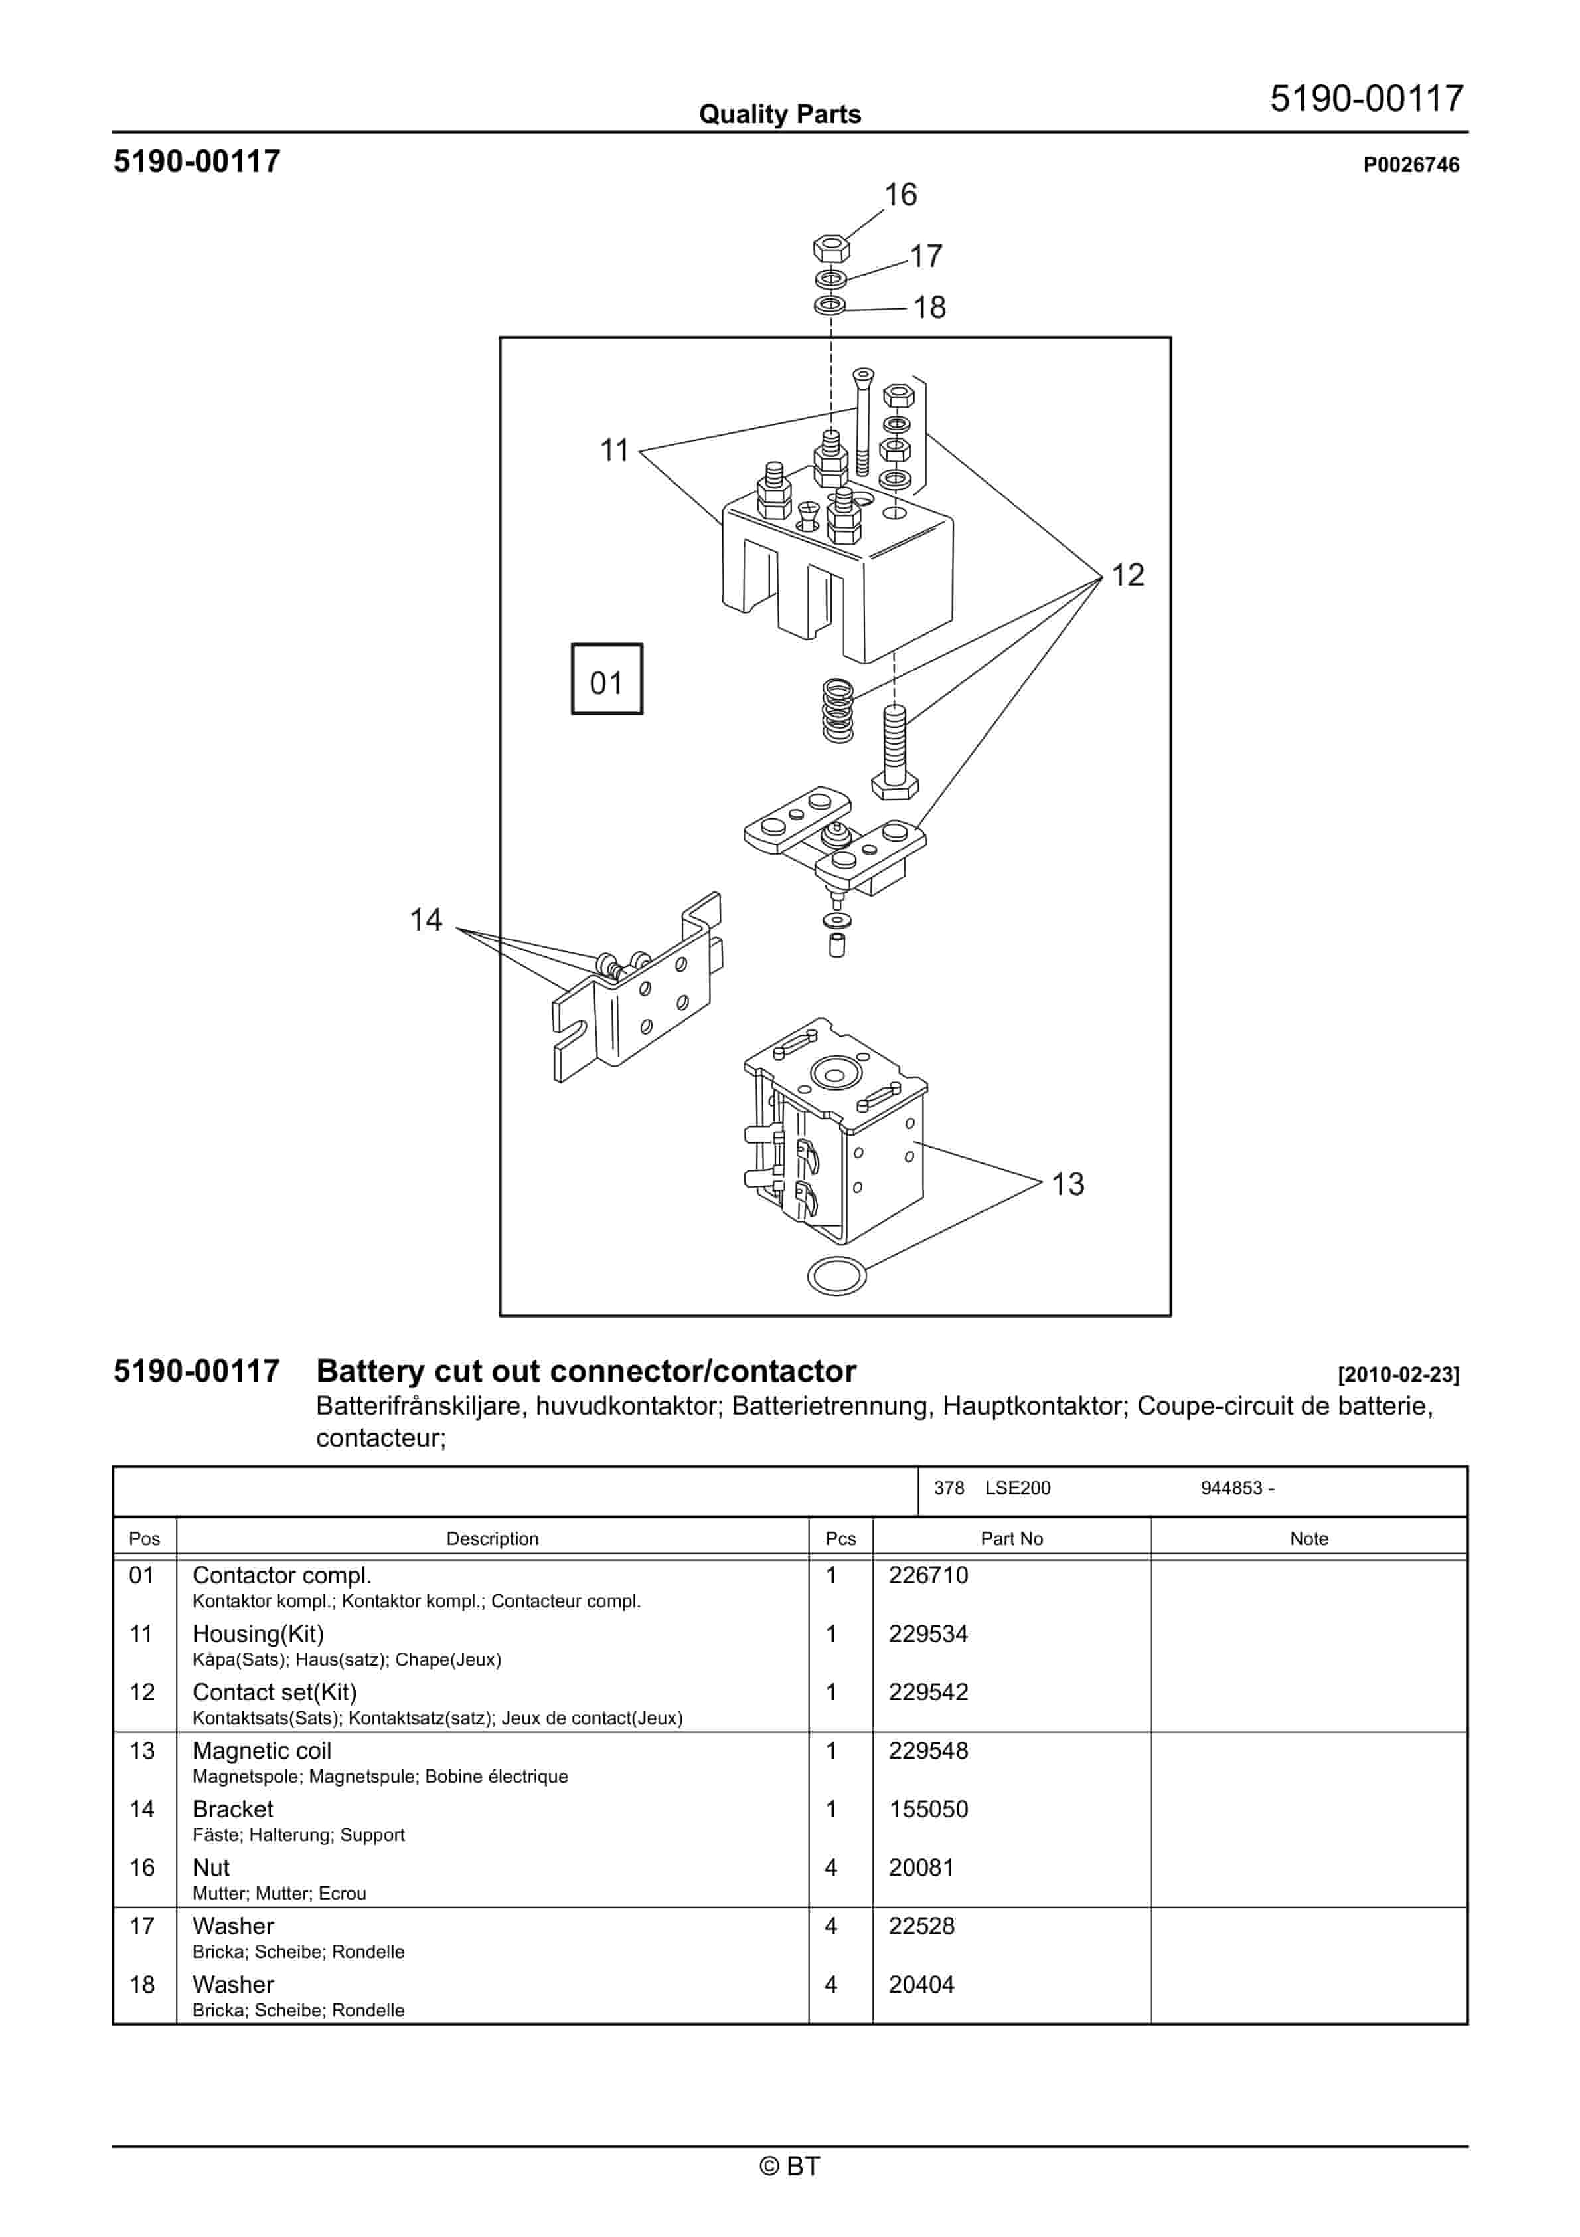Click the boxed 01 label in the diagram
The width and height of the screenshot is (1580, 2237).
pyautogui.click(x=606, y=679)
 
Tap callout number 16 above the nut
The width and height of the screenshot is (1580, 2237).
pyautogui.click(x=900, y=195)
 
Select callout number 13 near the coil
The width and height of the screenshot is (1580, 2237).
pyautogui.click(x=1067, y=1184)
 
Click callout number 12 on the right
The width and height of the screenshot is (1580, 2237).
pyautogui.click(x=1127, y=575)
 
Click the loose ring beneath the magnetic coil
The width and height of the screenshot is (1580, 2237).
pyautogui.click(x=836, y=1275)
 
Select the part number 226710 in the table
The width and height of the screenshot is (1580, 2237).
pyautogui.click(x=927, y=1575)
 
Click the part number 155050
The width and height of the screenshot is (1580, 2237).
pyautogui.click(x=927, y=1809)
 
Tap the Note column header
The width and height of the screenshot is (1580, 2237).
pyautogui.click(x=1308, y=1538)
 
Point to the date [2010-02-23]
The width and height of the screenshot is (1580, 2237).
pyautogui.click(x=1398, y=1375)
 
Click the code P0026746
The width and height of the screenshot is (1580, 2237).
pyautogui.click(x=1411, y=165)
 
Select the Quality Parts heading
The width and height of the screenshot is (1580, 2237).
pyautogui.click(x=779, y=115)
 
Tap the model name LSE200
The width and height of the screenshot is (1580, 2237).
pyautogui.click(x=1017, y=1488)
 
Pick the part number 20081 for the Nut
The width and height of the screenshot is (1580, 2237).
pyautogui.click(x=921, y=1868)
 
